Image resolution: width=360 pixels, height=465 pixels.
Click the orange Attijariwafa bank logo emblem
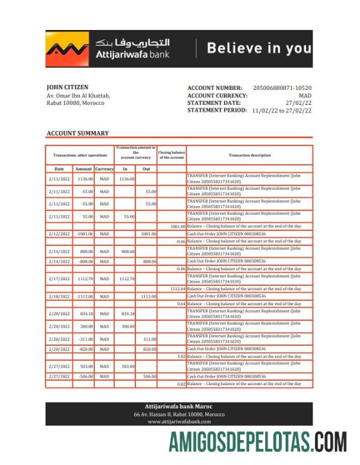[x=67, y=49]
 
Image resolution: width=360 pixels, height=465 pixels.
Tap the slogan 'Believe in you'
[x=259, y=48]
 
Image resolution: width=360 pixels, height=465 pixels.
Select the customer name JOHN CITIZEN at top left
[x=67, y=87]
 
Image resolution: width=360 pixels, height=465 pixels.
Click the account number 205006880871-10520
[x=282, y=88]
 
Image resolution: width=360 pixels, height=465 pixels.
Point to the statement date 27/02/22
[x=298, y=103]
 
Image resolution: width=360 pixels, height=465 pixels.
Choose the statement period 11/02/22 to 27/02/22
[x=281, y=110]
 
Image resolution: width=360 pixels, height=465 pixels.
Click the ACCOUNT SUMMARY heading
[x=77, y=133]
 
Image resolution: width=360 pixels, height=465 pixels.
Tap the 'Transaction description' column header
[x=250, y=155]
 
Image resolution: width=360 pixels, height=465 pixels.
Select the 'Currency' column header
[x=104, y=169]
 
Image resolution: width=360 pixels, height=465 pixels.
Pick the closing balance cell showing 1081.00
[x=177, y=226]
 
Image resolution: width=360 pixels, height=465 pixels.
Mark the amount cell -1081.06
[x=84, y=234]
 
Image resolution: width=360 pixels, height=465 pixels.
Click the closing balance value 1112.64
[x=177, y=289]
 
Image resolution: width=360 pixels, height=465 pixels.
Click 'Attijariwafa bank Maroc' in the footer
[x=179, y=406]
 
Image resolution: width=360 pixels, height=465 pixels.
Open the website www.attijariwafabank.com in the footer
[x=179, y=422]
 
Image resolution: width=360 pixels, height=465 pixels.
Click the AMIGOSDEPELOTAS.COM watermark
[x=257, y=442]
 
